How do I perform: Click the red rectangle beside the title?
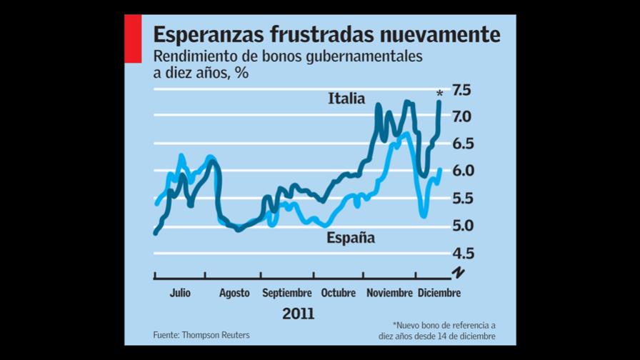coord(134,39)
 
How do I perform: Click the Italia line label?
coord(346,99)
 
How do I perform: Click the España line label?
coord(350,239)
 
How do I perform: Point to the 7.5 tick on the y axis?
coord(461,90)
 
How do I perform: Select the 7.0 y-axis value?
coord(461,116)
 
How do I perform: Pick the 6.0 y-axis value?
coord(461,171)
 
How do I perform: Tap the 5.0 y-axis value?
coord(461,226)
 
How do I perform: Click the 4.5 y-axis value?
coord(461,254)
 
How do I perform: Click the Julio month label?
coord(179,293)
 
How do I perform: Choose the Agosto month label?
coord(234,293)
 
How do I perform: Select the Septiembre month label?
coord(287,293)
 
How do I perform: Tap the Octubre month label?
coord(339,293)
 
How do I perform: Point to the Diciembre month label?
coord(439,293)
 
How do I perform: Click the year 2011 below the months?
coord(298,314)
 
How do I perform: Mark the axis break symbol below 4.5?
coord(458,273)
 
